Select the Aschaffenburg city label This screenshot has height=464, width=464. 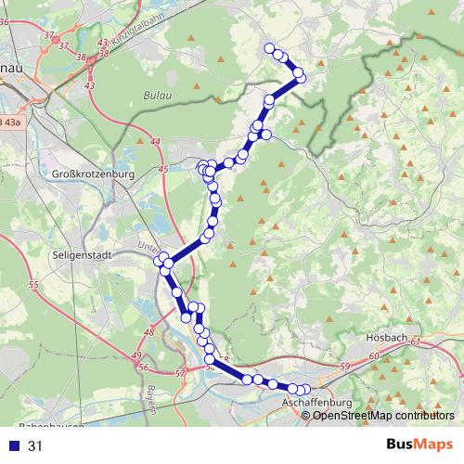click(x=317, y=403)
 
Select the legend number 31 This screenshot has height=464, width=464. click(x=35, y=445)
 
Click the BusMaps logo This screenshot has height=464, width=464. click(x=420, y=445)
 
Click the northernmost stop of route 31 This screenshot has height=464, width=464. click(x=270, y=48)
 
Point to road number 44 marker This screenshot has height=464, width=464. click(x=154, y=142)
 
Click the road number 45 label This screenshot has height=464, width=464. click(x=163, y=169)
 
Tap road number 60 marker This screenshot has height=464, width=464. click(x=375, y=356)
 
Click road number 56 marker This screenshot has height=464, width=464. click(x=143, y=367)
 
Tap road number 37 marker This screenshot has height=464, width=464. click(x=63, y=45)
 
